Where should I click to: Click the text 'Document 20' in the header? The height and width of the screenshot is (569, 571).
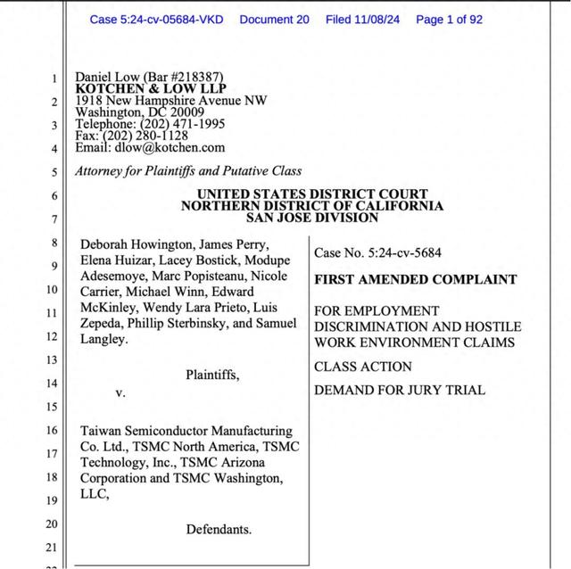(x=274, y=19)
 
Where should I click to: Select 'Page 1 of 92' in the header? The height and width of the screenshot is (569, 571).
(x=449, y=19)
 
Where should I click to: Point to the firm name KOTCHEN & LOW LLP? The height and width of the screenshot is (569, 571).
(x=151, y=89)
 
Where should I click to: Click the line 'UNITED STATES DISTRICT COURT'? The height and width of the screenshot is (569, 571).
(x=311, y=194)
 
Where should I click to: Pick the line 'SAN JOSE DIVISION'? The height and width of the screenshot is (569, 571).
(x=311, y=218)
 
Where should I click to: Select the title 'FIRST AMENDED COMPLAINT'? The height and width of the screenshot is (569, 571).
(x=415, y=279)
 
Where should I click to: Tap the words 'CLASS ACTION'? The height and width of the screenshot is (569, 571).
(x=362, y=367)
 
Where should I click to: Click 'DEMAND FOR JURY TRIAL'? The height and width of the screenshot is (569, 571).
(x=399, y=390)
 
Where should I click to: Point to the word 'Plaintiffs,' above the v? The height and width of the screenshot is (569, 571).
(x=212, y=375)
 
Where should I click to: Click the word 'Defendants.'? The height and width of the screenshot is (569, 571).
(x=219, y=529)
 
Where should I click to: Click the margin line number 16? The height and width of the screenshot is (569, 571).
(x=52, y=431)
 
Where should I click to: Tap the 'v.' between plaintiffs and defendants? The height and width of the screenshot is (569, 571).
(x=120, y=392)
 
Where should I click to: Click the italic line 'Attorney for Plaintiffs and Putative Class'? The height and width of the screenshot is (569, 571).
(x=188, y=170)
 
